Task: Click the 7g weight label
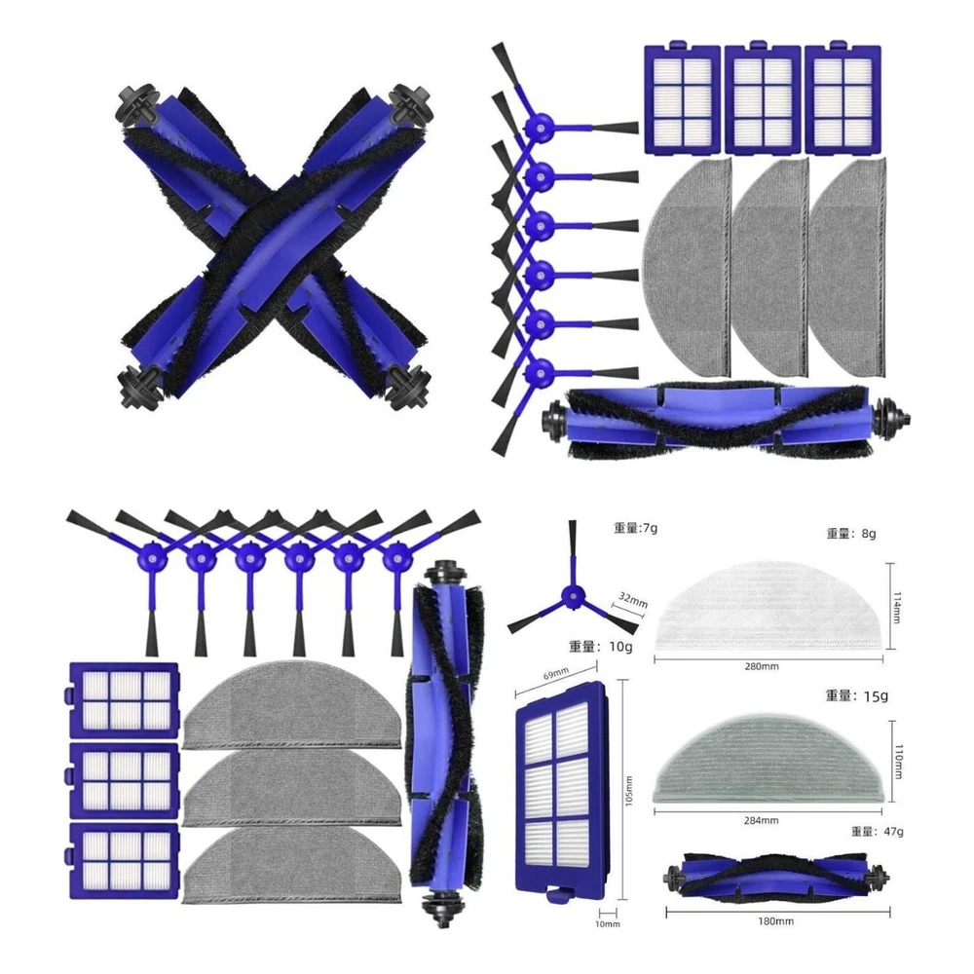635,529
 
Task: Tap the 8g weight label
850,534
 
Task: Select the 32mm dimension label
632,601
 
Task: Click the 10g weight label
600,647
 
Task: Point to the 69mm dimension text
556,673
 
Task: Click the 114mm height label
897,606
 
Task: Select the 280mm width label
762,666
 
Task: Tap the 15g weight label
856,696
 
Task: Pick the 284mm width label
761,820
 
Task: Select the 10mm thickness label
608,924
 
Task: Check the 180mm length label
776,921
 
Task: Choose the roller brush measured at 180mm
776,876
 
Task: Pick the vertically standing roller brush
443,743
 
